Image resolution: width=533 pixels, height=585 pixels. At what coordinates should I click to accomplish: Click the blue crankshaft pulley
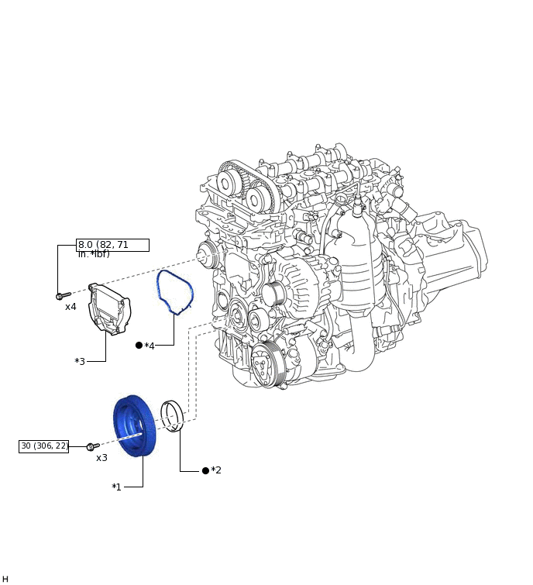(135, 426)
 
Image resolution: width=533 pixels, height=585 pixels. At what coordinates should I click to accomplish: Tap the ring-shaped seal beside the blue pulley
(173, 415)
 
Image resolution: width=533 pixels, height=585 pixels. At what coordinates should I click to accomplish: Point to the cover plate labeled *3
(109, 308)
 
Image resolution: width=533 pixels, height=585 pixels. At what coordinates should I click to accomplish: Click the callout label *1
(116, 487)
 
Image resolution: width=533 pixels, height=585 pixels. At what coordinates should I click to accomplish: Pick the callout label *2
(216, 470)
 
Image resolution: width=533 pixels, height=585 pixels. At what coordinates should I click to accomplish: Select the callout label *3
(80, 362)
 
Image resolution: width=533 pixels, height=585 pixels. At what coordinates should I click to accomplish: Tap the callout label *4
(150, 346)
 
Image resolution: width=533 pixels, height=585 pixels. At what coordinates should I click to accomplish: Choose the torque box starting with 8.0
(112, 245)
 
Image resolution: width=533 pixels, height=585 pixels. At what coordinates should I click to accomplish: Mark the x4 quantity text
(70, 307)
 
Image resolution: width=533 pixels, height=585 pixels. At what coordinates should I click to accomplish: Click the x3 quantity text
(101, 458)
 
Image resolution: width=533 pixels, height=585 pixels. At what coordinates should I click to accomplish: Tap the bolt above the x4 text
(63, 295)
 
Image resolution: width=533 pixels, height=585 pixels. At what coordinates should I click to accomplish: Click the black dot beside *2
(205, 470)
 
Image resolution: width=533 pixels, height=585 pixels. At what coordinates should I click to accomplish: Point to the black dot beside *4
(139, 346)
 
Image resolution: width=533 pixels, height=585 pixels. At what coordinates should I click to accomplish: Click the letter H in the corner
(5, 579)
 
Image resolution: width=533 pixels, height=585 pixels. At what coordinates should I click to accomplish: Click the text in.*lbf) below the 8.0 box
(94, 254)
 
